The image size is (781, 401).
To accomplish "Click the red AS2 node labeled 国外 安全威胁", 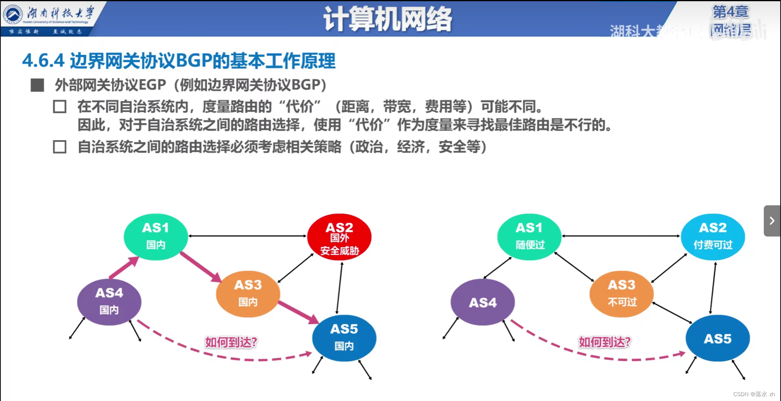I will (x=339, y=237).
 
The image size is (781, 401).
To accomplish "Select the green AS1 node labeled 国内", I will (x=156, y=237).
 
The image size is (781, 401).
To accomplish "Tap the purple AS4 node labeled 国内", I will (x=109, y=302).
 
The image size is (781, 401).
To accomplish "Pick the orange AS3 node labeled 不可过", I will (x=621, y=294).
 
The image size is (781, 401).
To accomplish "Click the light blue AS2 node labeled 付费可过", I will (x=713, y=237).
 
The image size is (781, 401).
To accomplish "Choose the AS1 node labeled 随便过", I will (x=529, y=237).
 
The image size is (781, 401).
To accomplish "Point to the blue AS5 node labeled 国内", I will (x=344, y=338).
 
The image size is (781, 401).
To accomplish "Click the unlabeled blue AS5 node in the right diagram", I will (x=717, y=338).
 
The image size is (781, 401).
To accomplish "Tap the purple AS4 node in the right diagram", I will (x=482, y=302).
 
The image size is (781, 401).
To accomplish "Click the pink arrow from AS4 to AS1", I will (x=124, y=268).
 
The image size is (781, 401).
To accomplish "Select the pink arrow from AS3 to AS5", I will (x=298, y=312).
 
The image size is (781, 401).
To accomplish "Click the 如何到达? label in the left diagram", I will (x=231, y=342).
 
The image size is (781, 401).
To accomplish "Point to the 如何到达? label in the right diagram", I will (x=604, y=342).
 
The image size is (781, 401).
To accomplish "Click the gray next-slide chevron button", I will (x=772, y=221).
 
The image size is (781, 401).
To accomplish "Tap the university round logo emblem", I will (x=13, y=14).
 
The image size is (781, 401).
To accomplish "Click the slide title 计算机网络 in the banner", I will (x=387, y=19).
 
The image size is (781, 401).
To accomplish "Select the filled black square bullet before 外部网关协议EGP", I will (x=37, y=85).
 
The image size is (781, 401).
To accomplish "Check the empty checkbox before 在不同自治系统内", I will (x=60, y=106).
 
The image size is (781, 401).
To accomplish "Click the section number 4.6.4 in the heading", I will (x=43, y=61).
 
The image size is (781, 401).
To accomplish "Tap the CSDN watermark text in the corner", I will (x=753, y=394).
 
